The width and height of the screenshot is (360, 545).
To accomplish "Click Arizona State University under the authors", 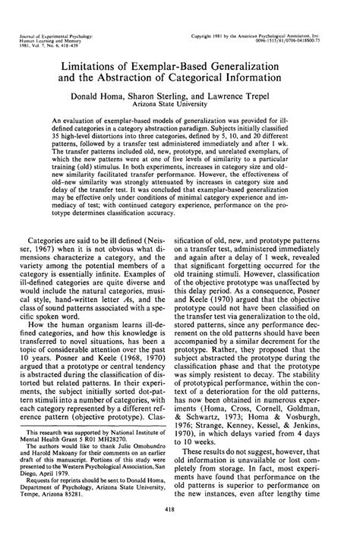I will tap(180, 107).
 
